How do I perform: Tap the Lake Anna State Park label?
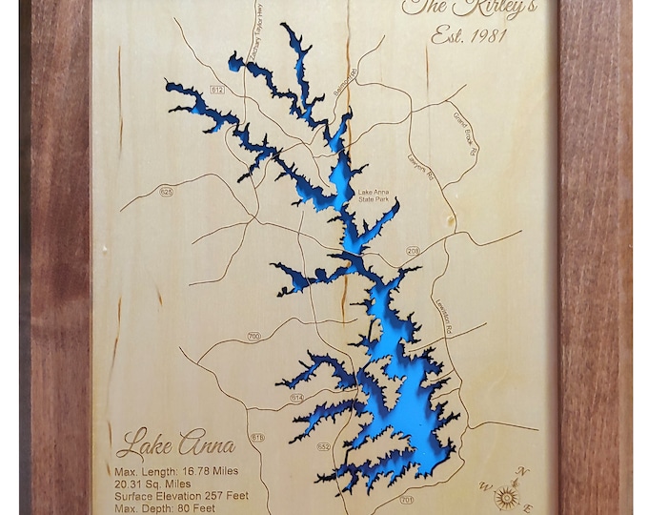coord(374,196)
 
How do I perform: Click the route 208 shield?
coord(413,251)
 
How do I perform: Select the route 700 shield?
coord(253,336)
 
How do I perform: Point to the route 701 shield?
coord(408,499)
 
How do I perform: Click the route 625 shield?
coord(167,192)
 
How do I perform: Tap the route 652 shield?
coord(324,446)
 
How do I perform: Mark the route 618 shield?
coord(257,437)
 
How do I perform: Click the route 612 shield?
coord(217,89)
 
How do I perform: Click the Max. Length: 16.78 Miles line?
coord(176,471)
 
